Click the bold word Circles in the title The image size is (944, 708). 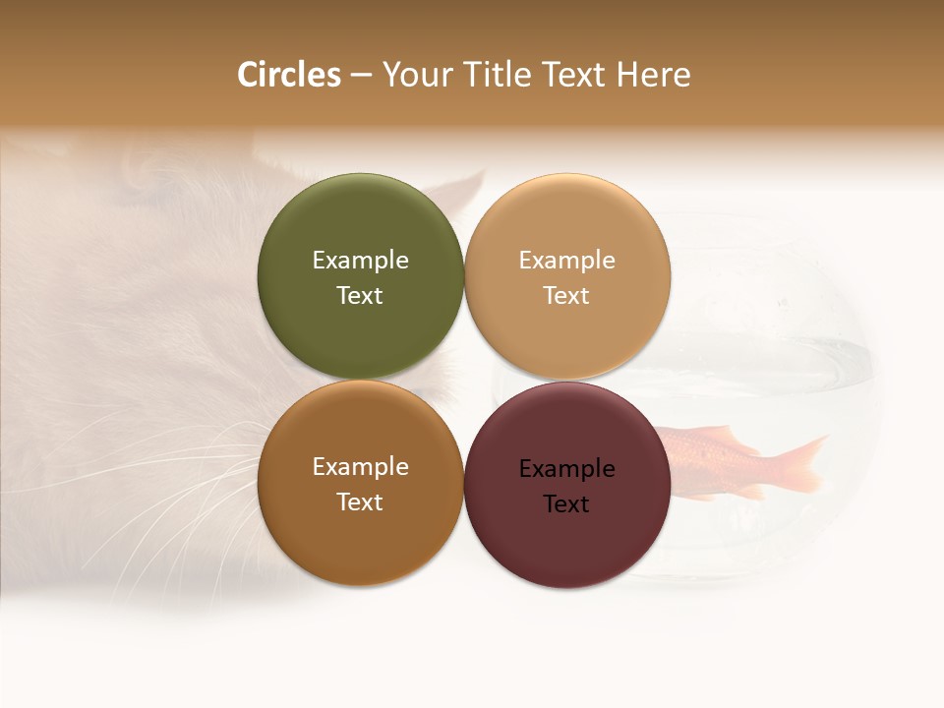click(288, 75)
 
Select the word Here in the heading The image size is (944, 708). click(654, 75)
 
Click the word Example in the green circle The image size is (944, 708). click(360, 261)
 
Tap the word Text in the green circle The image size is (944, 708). click(360, 296)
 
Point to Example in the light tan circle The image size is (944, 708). click(567, 261)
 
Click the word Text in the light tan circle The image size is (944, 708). click(567, 296)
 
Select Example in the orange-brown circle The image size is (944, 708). click(360, 467)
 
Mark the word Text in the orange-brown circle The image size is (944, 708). click(360, 502)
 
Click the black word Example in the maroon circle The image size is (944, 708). click(567, 469)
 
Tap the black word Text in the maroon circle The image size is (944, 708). click(567, 504)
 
